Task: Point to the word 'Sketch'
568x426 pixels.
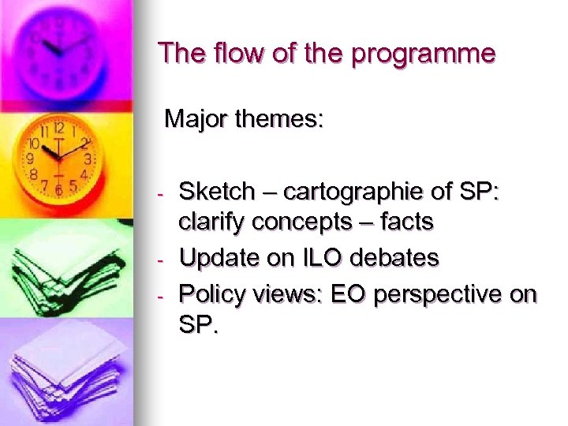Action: click(218, 192)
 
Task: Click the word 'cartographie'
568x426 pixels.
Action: click(349, 192)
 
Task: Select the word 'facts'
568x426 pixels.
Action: click(406, 222)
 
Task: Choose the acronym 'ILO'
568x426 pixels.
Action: click(319, 257)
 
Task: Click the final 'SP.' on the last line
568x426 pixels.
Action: click(197, 324)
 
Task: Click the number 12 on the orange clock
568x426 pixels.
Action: click(58, 128)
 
